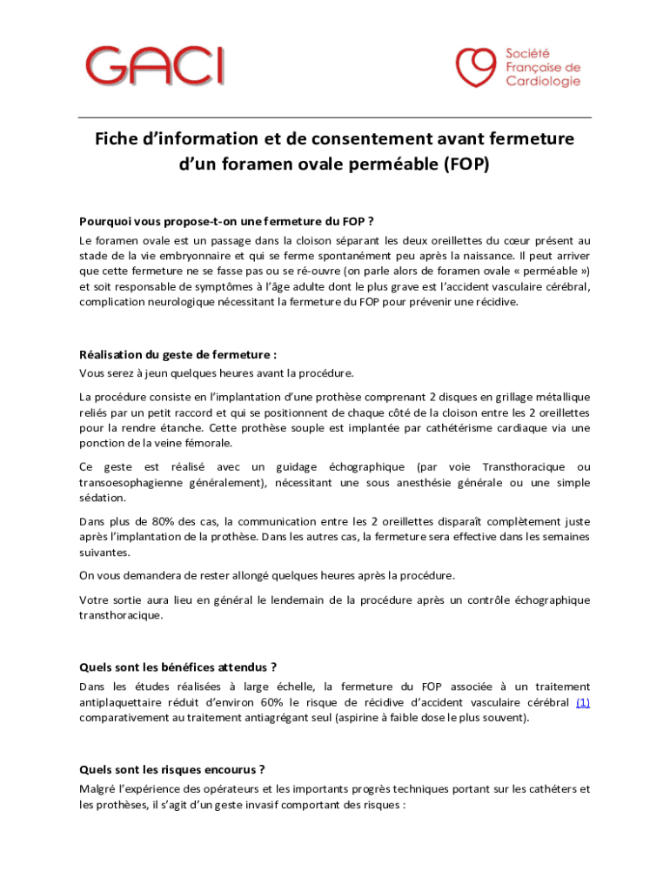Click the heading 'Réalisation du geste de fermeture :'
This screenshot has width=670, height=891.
click(178, 355)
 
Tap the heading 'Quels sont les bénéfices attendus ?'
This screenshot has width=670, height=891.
click(178, 667)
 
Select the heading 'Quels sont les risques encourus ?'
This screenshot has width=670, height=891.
click(171, 769)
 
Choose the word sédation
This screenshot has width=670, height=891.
click(102, 498)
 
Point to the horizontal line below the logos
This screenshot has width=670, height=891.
click(335, 117)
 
